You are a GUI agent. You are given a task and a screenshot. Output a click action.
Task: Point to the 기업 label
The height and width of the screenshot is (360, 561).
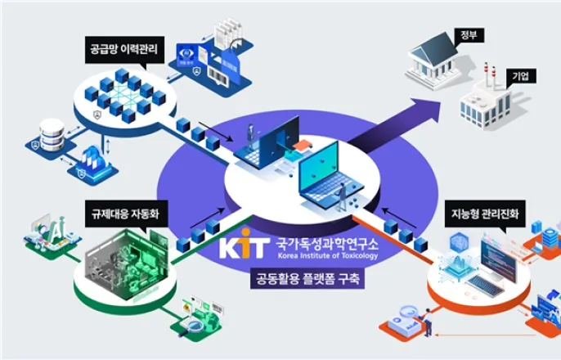(x=521, y=75)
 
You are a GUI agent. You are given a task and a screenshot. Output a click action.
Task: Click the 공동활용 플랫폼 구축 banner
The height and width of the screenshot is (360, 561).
(x=307, y=279)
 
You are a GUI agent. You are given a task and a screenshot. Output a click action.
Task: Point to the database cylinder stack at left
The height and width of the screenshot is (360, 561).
(x=52, y=134)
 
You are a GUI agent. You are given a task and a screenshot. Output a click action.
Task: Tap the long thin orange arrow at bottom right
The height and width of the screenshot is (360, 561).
(x=482, y=335)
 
